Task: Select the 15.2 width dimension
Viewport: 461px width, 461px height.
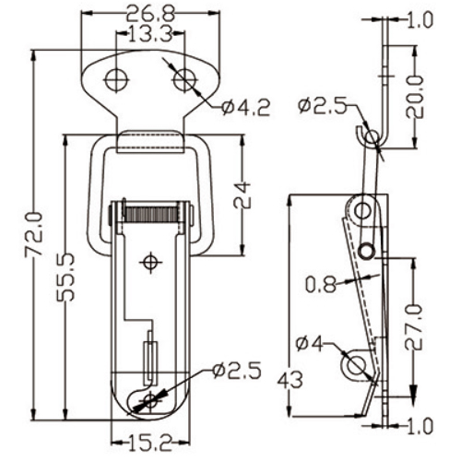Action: click(148, 443)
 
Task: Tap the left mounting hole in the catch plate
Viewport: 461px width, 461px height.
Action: click(115, 79)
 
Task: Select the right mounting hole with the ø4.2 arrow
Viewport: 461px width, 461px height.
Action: click(184, 79)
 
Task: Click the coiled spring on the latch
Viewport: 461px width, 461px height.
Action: click(151, 217)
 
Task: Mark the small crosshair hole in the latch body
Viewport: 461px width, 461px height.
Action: click(151, 264)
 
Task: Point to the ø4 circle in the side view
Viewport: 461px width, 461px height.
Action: click(355, 366)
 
